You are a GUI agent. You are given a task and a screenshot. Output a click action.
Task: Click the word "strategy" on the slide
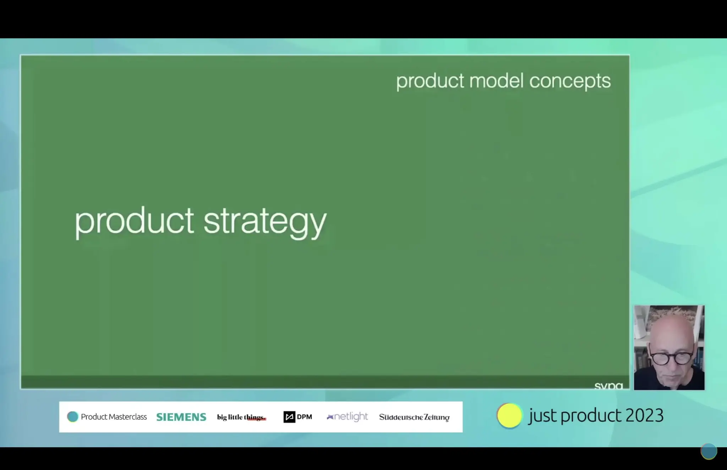264,222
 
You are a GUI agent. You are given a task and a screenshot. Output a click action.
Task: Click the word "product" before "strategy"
134,222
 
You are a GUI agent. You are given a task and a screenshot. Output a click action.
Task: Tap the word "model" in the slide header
496,81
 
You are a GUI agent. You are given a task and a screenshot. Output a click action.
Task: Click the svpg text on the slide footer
608,386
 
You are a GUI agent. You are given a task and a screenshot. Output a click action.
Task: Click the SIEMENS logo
181,417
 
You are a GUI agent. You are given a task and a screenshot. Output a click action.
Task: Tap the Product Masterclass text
114,417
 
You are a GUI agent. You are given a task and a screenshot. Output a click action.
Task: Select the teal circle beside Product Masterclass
72,417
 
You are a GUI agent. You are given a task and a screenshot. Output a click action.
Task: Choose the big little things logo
241,417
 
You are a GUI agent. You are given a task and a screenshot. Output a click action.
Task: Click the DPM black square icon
289,417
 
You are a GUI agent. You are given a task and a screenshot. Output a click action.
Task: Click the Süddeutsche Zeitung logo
414,417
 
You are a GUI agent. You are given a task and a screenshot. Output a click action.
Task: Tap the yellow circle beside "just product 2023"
509,416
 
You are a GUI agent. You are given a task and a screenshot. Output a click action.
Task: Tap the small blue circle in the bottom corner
709,451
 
